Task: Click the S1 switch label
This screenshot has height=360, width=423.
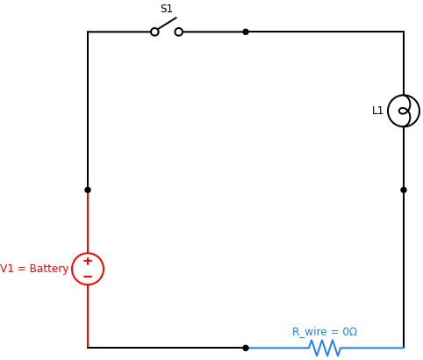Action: click(166, 9)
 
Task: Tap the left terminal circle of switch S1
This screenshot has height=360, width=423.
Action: click(154, 32)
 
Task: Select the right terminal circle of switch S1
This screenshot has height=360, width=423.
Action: click(179, 32)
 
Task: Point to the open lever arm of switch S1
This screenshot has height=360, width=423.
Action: click(167, 24)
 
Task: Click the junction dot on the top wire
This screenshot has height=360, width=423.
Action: click(246, 32)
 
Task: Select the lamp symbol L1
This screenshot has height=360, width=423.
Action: click(404, 111)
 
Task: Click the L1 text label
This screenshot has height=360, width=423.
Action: click(377, 111)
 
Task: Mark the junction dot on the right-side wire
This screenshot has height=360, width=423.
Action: click(404, 190)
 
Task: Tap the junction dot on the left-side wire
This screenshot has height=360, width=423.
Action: click(88, 190)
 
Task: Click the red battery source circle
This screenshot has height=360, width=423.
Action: click(88, 269)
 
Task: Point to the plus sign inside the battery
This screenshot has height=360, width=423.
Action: click(88, 261)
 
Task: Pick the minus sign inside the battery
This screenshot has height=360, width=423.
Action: click(88, 277)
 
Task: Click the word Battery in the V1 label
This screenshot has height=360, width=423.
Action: click(48, 269)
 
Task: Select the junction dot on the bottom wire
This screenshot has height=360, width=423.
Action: click(246, 348)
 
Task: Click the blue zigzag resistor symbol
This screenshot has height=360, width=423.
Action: click(325, 348)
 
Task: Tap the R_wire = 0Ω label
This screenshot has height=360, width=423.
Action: click(325, 332)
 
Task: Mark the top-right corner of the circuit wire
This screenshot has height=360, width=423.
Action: click(404, 32)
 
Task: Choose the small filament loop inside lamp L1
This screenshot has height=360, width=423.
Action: click(404, 111)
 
